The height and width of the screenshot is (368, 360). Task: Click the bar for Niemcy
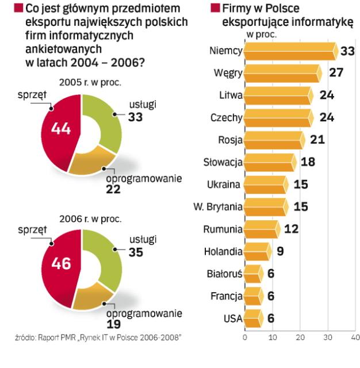[x=290, y=51]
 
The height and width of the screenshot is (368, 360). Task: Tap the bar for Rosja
[x=273, y=140]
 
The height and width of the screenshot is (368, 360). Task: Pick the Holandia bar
[x=256, y=251]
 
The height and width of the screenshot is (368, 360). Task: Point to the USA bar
[x=252, y=317]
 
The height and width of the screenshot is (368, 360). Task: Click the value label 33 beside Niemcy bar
[x=347, y=51]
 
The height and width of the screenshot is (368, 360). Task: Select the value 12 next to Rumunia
[x=291, y=229]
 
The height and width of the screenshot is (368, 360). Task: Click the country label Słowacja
[x=223, y=162]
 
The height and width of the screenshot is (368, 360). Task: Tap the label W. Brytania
[x=218, y=206]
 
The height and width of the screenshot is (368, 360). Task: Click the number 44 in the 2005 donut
[x=61, y=129]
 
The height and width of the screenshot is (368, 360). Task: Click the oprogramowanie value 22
[x=113, y=189]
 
